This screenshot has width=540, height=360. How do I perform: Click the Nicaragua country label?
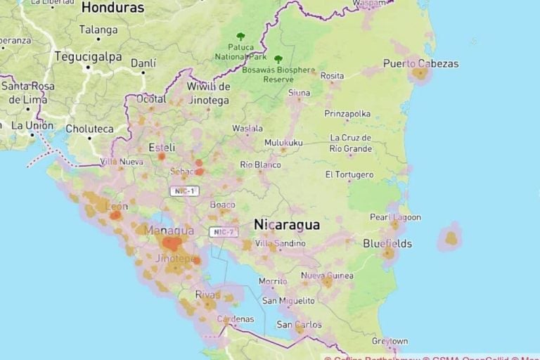[287, 225]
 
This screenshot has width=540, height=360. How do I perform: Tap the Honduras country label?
[112, 8]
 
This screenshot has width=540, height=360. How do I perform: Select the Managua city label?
[169, 231]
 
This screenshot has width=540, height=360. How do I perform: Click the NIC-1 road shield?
[184, 191]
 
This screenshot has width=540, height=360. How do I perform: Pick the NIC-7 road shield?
[224, 232]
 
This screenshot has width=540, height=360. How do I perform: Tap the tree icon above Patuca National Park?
[241, 36]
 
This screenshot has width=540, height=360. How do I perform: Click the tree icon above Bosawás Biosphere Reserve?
[278, 60]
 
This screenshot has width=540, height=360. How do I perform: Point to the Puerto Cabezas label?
[420, 64]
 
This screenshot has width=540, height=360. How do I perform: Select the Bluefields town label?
[387, 244]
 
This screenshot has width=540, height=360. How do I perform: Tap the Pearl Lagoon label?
[395, 217]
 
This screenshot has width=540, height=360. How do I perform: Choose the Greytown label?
[390, 341]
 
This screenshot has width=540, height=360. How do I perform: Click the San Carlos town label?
[299, 325]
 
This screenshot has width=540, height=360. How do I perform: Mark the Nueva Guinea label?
[327, 276]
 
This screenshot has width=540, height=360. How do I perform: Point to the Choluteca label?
[89, 129]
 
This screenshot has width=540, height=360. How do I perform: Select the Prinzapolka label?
[347, 113]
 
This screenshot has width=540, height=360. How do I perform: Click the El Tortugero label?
[349, 174]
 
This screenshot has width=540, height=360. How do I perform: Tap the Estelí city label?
[162, 148]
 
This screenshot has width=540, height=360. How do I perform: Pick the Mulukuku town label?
[283, 143]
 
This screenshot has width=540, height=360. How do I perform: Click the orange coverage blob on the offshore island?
[450, 238]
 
